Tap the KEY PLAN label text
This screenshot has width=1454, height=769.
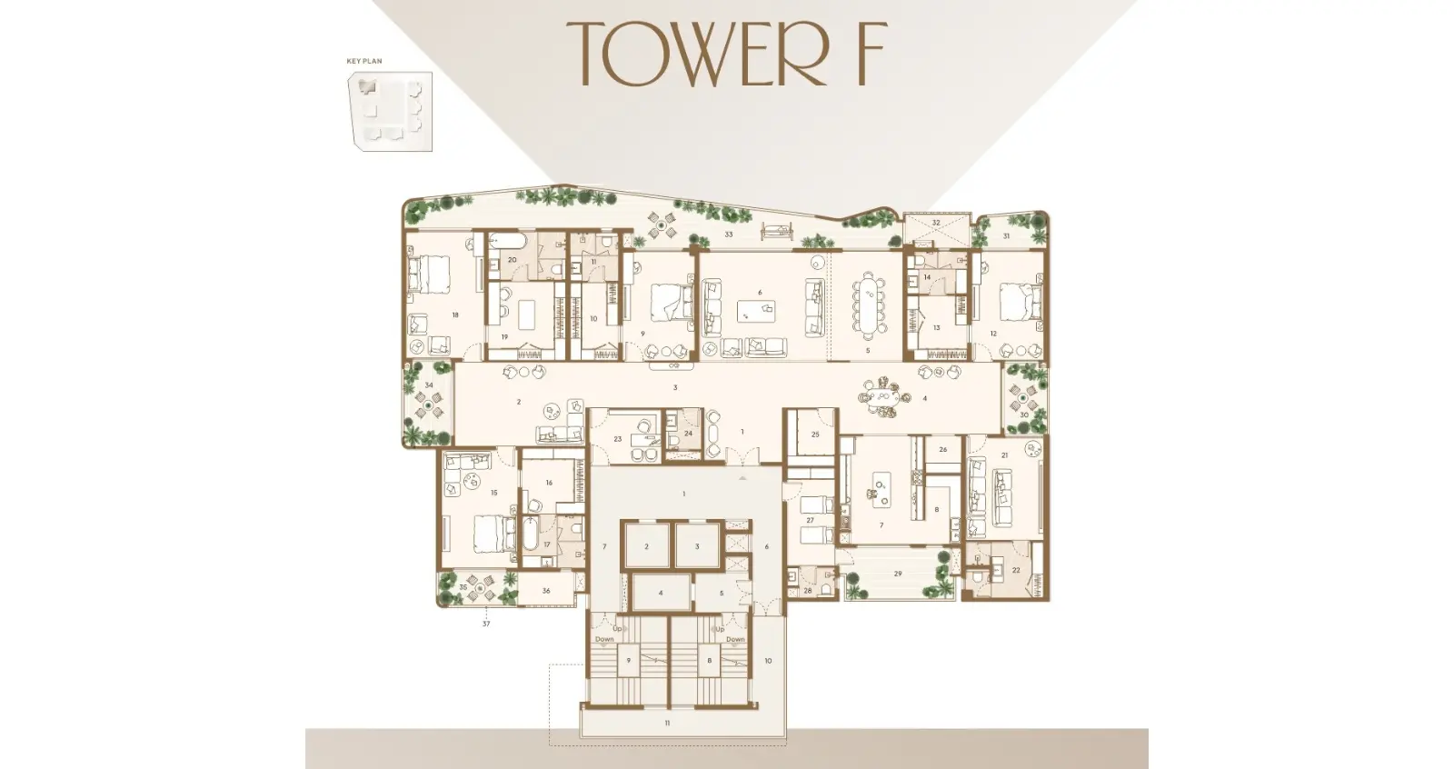click(x=364, y=61)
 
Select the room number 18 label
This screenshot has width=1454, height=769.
click(x=454, y=315)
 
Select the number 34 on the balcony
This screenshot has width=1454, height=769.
click(x=429, y=385)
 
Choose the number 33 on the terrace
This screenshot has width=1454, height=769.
click(x=729, y=235)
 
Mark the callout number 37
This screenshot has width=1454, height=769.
click(x=486, y=624)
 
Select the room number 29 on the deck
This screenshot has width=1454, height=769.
click(x=898, y=574)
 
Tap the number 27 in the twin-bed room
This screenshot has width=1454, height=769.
click(x=810, y=521)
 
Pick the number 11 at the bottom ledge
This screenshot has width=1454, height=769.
click(x=667, y=723)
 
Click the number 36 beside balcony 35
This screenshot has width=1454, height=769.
click(x=546, y=591)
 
